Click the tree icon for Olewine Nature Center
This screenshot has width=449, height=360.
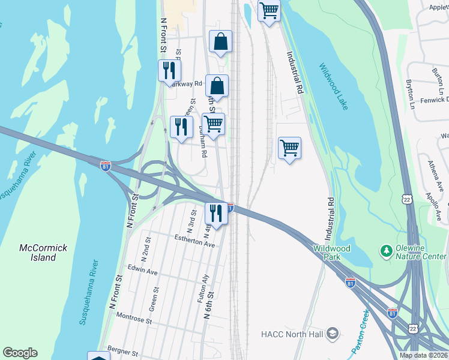point(387,249)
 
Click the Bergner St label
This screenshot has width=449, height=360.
point(122,348)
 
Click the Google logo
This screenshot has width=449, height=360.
point(20,353)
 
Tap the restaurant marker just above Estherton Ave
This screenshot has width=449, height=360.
point(216,213)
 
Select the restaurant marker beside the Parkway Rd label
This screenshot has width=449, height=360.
point(169,70)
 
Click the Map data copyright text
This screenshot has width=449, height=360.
point(423,355)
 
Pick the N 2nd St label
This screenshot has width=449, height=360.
point(145,248)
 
